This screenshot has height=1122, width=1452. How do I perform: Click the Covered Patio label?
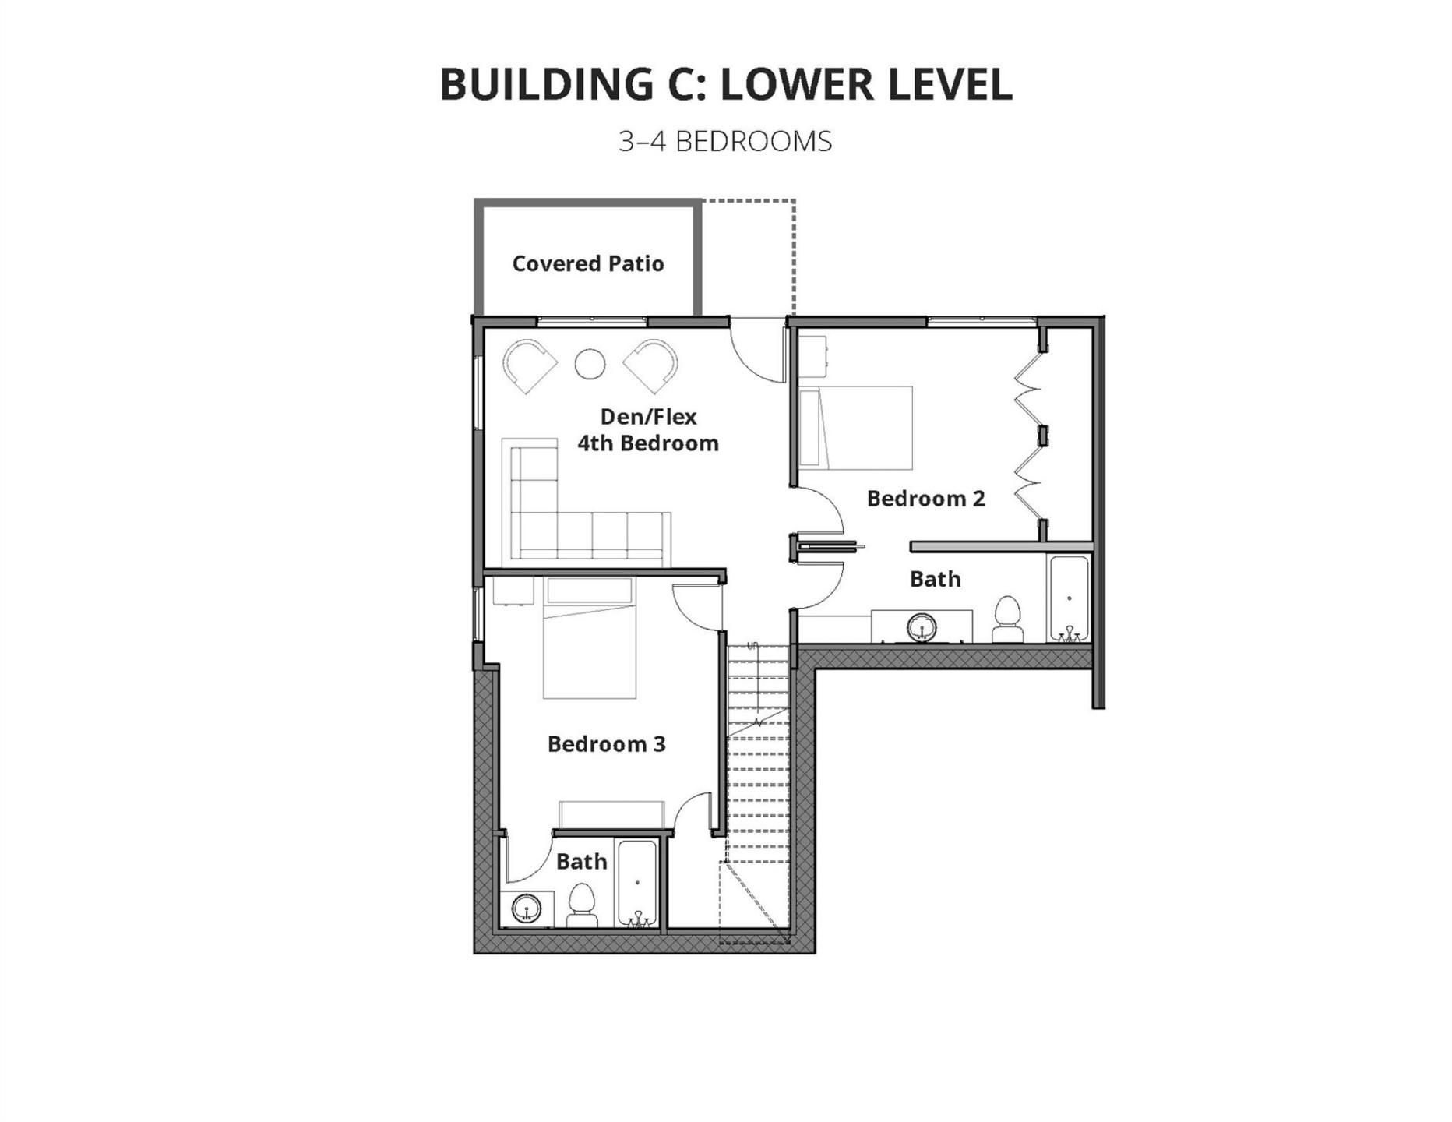click(x=588, y=263)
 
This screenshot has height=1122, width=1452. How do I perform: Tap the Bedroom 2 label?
click(x=925, y=498)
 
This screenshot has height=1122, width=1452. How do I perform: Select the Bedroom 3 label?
click(x=606, y=743)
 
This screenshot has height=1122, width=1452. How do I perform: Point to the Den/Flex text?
click(x=648, y=416)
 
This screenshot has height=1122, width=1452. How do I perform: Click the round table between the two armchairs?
click(x=590, y=364)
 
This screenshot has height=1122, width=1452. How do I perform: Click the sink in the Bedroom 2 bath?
click(x=922, y=626)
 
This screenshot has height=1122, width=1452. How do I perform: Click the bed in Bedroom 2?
click(x=857, y=428)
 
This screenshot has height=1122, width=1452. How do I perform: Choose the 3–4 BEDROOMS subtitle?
click(x=725, y=142)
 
